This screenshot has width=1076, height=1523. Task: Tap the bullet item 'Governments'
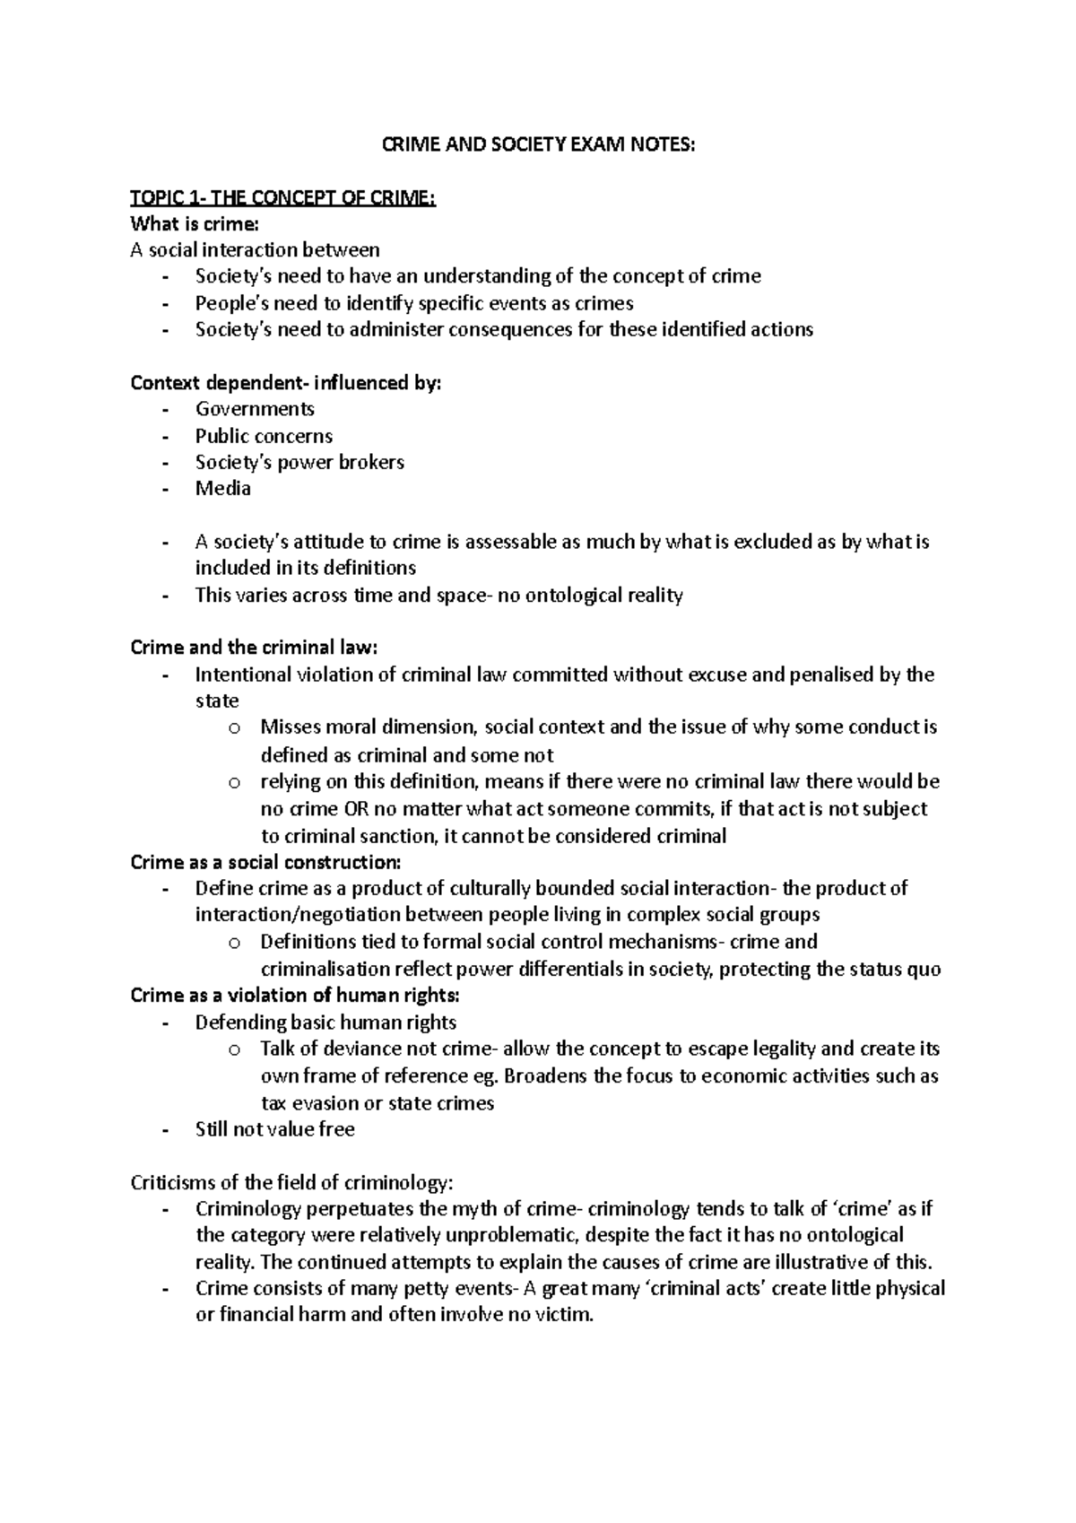[x=255, y=409]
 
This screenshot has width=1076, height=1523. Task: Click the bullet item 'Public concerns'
[x=264, y=436]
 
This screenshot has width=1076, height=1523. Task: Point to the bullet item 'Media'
[x=223, y=489]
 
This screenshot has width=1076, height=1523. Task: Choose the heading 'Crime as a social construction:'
[x=266, y=863]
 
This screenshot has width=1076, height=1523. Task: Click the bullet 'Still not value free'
[x=274, y=1130]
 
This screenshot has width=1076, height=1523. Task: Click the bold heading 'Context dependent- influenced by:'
[x=286, y=383]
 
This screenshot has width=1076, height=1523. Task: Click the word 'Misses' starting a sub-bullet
[x=291, y=727]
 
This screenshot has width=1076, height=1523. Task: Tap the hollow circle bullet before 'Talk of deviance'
[x=234, y=1050]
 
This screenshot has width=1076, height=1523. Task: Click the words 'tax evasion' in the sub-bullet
[x=307, y=1103]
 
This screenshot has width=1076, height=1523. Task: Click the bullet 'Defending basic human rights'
[x=325, y=1023]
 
